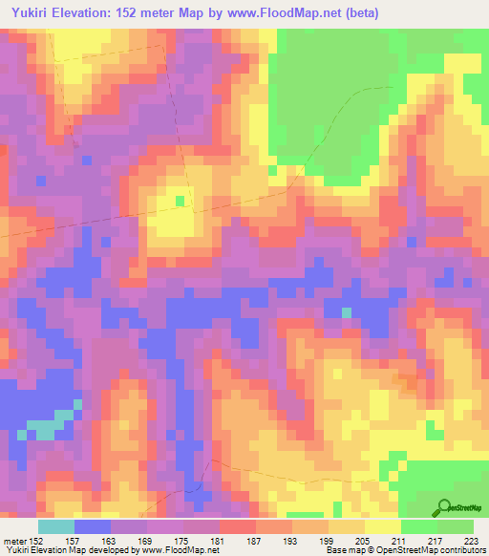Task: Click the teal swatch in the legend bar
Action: pyautogui.click(x=56, y=526)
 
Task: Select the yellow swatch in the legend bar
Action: pyautogui.click(x=382, y=526)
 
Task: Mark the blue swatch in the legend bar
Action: pyautogui.click(x=93, y=526)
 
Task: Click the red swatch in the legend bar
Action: pyautogui.click(x=237, y=526)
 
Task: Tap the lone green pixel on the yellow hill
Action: pyautogui.click(x=181, y=200)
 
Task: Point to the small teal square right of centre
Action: pyautogui.click(x=346, y=312)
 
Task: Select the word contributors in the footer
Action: pyautogui.click(x=461, y=551)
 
